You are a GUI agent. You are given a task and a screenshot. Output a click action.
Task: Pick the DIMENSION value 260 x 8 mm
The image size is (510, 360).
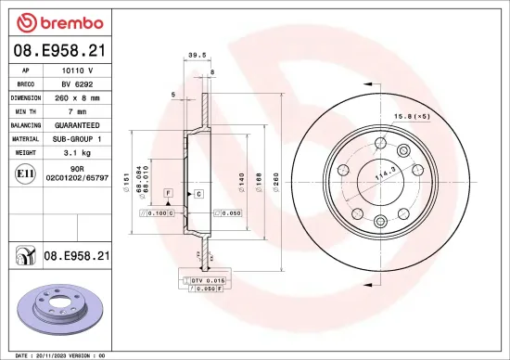pos(76,96)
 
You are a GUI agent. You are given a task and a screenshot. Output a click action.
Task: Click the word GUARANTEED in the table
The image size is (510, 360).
pos(76,124)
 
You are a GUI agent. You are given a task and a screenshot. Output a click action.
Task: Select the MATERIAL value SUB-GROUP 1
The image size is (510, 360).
pos(76,137)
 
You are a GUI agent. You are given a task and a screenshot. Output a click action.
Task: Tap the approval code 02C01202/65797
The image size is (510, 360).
pos(77,175)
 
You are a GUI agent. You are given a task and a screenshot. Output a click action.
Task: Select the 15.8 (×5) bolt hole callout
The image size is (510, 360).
pos(412,116)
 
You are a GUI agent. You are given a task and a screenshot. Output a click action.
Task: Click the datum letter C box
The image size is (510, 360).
pos(198,193)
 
